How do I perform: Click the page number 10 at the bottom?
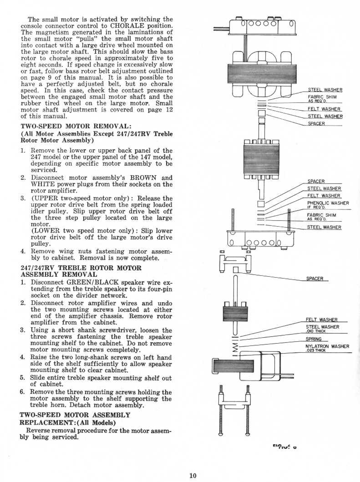click(x=193, y=476)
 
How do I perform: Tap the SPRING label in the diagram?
click(x=314, y=339)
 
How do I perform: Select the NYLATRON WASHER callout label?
click(x=327, y=346)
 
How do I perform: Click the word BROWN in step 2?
click(x=144, y=178)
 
